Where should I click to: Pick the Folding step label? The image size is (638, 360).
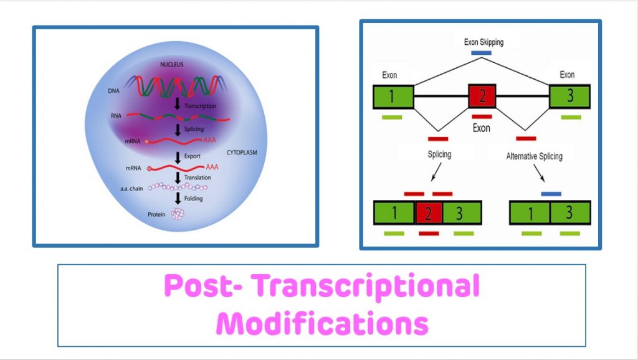(193, 199)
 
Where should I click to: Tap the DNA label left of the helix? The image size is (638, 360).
(113, 91)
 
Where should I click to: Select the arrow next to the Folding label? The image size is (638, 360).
(178, 199)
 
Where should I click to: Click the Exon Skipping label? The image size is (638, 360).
(483, 42)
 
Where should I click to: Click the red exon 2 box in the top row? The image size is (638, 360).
(482, 97)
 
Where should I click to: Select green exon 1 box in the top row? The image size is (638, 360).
(394, 97)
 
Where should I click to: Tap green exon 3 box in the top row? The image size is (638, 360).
(568, 97)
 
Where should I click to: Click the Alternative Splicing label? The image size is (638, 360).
(534, 156)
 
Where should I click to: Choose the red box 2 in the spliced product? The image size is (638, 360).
(429, 212)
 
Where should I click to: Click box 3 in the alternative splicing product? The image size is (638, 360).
(569, 212)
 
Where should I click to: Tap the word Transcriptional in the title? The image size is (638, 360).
(368, 287)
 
